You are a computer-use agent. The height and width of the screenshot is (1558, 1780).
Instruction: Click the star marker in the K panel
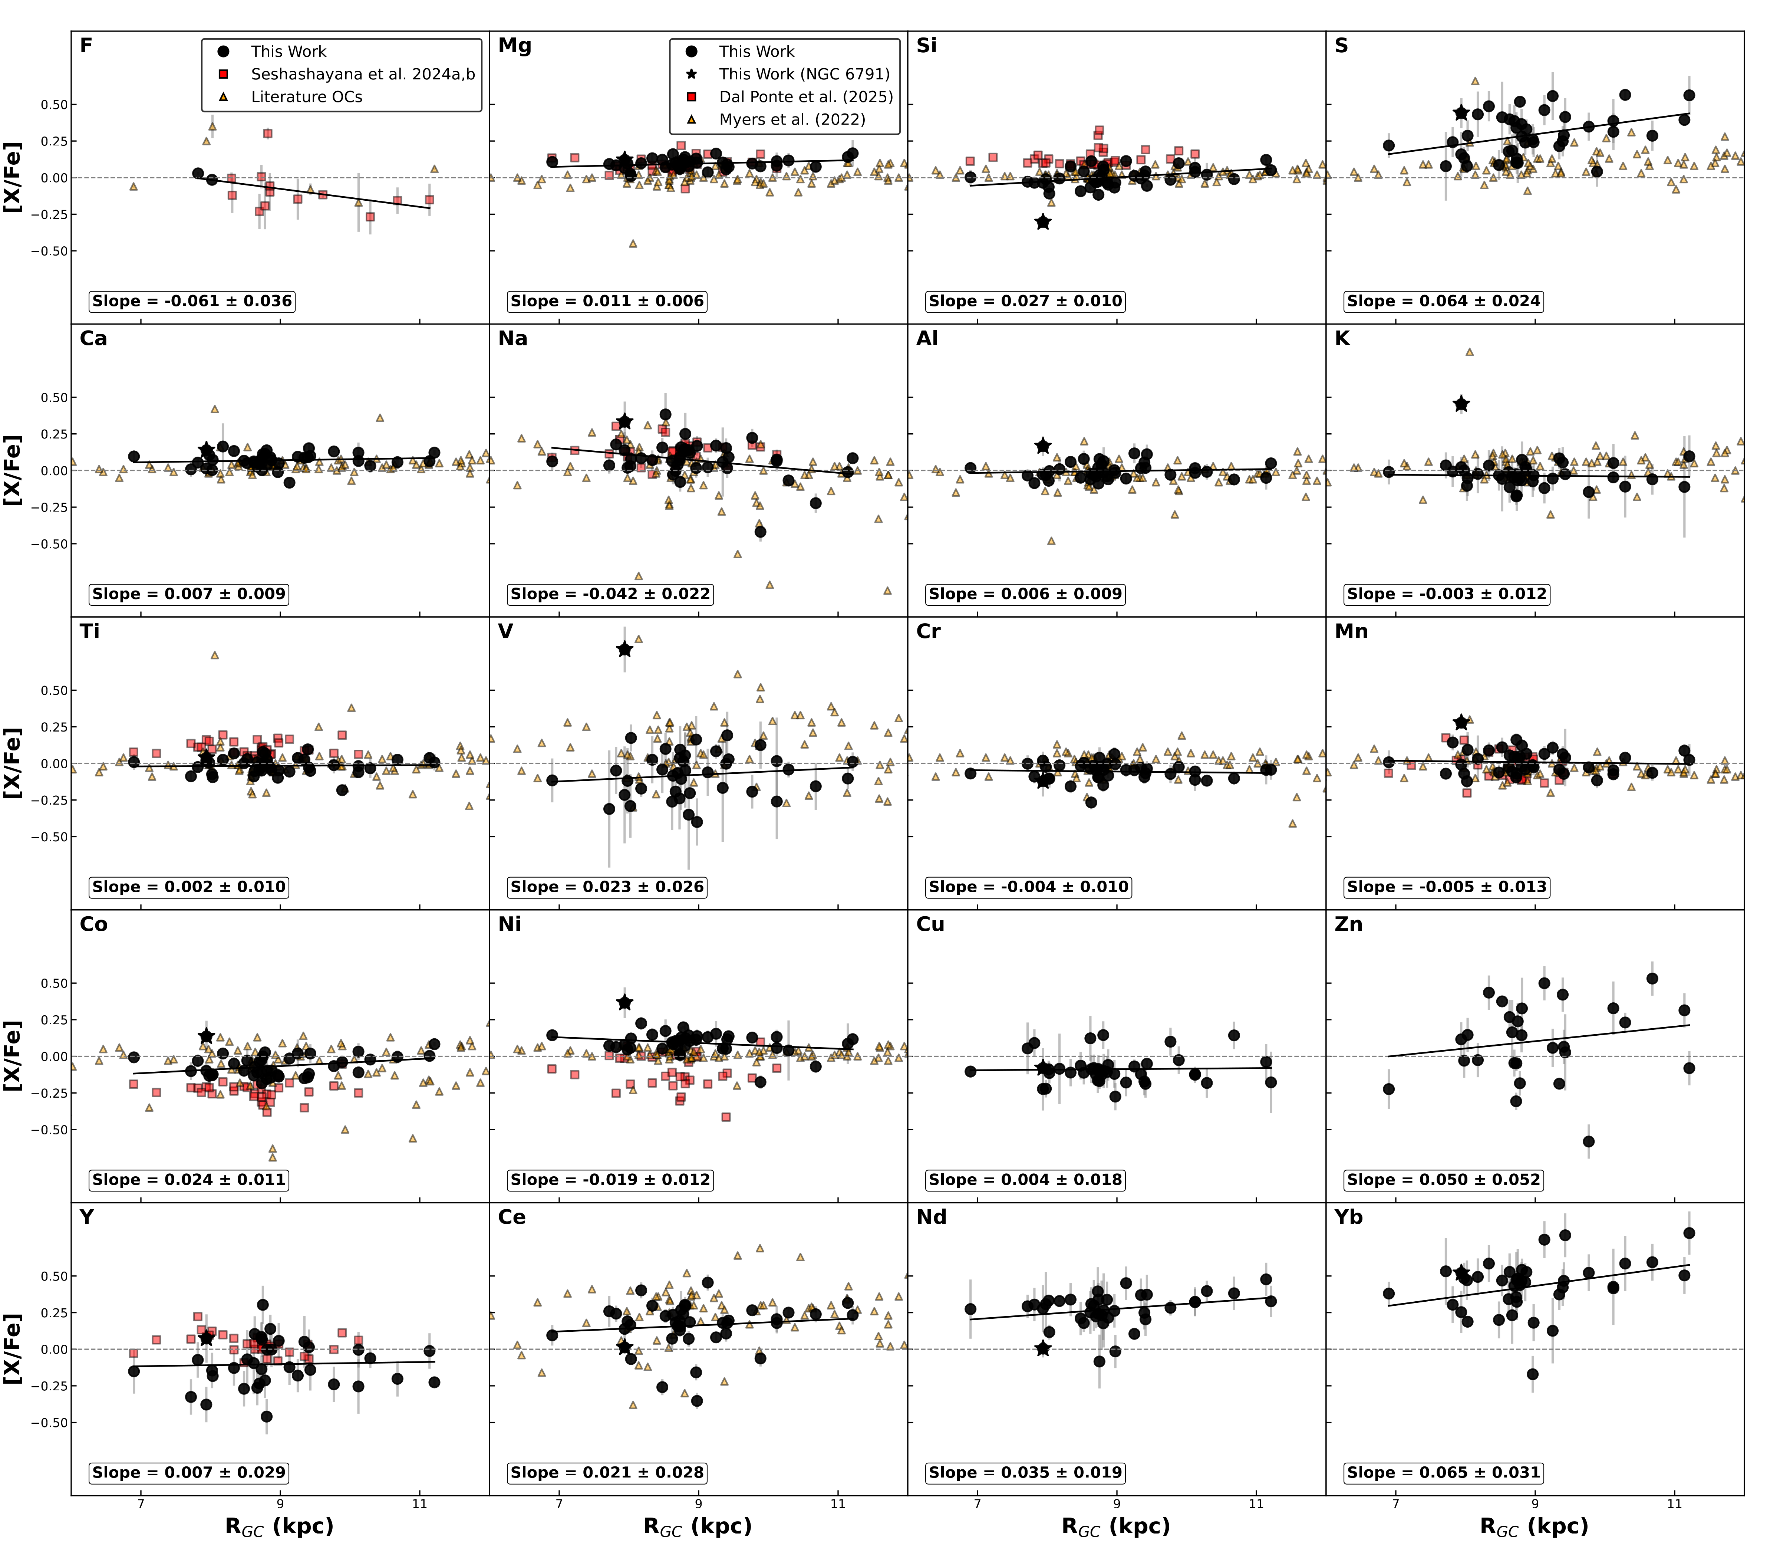pos(1461,404)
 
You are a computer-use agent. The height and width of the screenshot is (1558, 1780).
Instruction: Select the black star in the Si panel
pos(1043,223)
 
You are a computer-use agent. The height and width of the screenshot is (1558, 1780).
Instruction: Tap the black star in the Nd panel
pos(1043,1348)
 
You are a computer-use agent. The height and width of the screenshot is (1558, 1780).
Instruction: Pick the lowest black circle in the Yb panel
pos(1533,1374)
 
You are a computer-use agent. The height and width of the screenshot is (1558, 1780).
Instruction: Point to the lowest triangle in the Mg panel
pos(633,243)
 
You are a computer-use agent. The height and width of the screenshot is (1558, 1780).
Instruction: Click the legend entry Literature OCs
pos(306,96)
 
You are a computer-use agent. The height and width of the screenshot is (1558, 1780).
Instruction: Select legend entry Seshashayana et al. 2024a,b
pos(362,74)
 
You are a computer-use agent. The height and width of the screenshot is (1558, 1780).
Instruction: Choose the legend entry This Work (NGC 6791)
pos(804,74)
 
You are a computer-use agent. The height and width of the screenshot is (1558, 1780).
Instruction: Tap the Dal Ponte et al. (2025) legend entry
pos(806,96)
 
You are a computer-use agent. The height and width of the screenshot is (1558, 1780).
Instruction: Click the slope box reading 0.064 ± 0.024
pos(1444,301)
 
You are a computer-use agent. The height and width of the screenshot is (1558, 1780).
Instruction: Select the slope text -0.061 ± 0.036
pos(192,301)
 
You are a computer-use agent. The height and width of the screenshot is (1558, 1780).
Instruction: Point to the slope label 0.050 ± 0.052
pos(1444,1180)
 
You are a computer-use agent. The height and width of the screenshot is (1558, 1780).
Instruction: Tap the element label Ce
pos(512,1217)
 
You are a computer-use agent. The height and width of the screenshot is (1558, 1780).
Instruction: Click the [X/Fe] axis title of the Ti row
pos(13,763)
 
